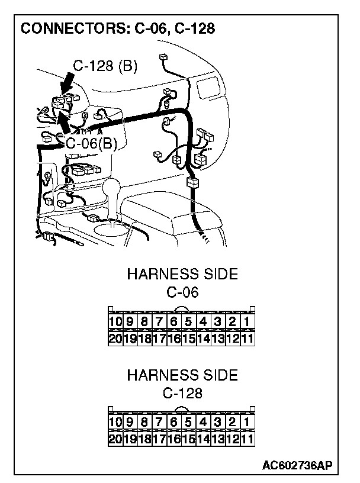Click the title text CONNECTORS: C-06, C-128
tap(117, 28)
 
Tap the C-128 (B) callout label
tap(106, 66)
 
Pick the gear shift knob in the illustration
tap(112, 192)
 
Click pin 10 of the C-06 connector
tap(115, 323)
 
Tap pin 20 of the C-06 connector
tap(115, 339)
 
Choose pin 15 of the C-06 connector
tap(188, 339)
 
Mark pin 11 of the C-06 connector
tap(247, 339)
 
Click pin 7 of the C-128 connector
tap(159, 423)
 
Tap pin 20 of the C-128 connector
tap(115, 439)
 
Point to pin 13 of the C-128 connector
tap(217, 439)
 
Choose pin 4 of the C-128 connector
tap(202, 423)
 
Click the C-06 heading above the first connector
tap(182, 292)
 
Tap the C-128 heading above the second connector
tap(182, 393)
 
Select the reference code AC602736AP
tap(297, 465)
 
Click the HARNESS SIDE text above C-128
tap(182, 375)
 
